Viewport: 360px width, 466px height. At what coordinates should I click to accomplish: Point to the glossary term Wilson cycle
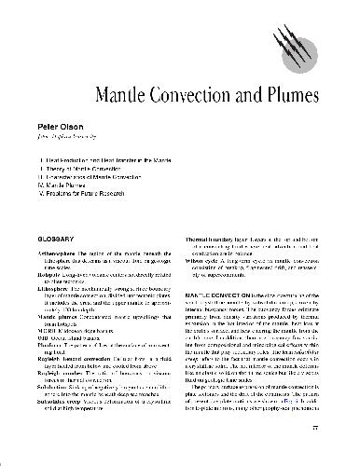click(x=209, y=262)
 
